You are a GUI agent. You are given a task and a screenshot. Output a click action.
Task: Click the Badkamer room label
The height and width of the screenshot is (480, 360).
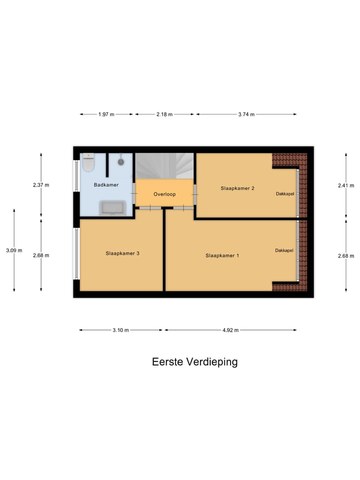tap(106, 185)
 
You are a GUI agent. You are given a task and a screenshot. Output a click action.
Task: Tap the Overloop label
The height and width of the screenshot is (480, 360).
tap(164, 194)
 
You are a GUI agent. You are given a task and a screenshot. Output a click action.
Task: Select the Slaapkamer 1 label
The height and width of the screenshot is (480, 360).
tap(222, 255)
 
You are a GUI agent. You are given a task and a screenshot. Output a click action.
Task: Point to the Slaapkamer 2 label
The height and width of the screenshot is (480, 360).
tap(237, 188)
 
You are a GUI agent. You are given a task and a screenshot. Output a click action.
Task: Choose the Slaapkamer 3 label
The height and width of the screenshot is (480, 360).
tap(122, 253)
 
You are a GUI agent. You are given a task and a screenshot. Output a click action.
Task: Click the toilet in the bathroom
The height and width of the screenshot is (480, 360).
tap(88, 162)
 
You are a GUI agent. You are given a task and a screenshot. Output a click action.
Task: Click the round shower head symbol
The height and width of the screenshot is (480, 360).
tap(121, 161)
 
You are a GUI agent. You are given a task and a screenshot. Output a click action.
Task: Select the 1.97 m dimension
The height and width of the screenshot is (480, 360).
tap(106, 114)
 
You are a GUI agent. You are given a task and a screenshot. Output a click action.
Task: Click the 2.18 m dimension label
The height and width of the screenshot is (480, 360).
tap(164, 114)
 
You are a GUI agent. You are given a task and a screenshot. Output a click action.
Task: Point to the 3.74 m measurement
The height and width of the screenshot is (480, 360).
tap(246, 114)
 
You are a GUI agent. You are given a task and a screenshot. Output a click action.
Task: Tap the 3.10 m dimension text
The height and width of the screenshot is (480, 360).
tap(120, 330)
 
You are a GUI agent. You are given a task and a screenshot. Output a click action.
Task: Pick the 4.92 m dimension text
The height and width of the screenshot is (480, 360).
tap(230, 330)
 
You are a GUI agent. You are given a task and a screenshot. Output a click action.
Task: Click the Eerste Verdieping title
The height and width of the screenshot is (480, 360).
tap(194, 362)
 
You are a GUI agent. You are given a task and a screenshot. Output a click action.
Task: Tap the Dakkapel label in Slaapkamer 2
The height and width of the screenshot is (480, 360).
tap(284, 193)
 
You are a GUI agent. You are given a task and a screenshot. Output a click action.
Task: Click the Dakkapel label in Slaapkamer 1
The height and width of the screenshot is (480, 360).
tap(283, 250)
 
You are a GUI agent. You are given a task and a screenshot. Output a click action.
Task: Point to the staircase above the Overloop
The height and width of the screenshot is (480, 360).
tap(165, 165)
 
